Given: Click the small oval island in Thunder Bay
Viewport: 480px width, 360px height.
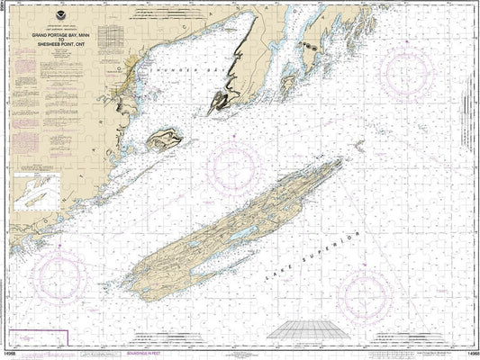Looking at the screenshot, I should (165, 139).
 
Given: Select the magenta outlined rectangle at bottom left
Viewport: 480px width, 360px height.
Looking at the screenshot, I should (34, 338).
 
